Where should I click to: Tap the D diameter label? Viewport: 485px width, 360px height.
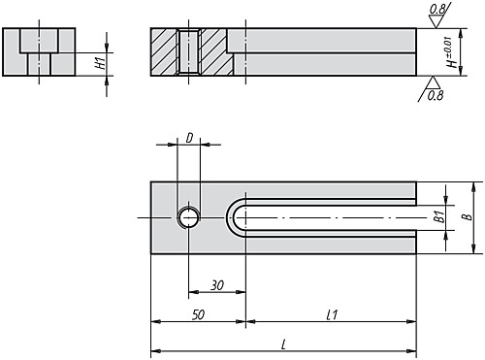click(x=187, y=139)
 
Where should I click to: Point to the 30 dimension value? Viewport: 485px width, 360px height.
click(x=216, y=285)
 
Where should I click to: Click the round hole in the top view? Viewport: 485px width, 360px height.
click(x=188, y=217)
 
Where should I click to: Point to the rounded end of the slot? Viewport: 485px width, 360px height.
click(x=233, y=217)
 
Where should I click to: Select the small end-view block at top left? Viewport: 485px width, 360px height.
click(x=40, y=51)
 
